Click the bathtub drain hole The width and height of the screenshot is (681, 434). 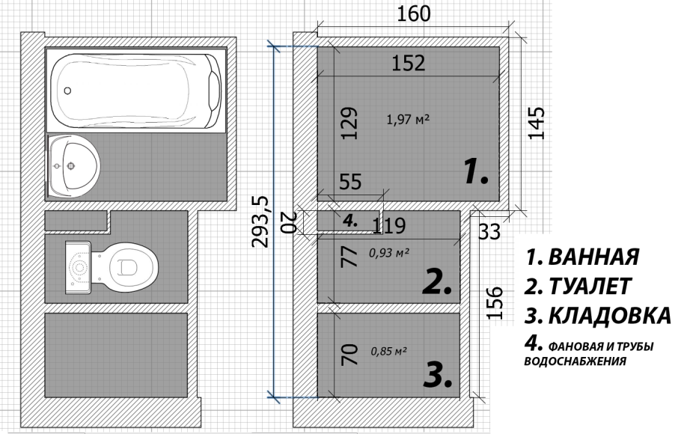(x=67, y=91)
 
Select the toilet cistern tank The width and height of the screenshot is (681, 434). (x=78, y=267)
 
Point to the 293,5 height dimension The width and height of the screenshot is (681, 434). (x=260, y=221)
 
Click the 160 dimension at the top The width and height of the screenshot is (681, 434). (x=413, y=14)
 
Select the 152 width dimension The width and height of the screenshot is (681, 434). (x=409, y=63)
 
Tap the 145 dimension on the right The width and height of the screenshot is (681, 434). (x=536, y=123)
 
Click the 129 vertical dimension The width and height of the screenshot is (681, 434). (x=349, y=123)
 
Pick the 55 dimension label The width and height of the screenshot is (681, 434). (x=350, y=182)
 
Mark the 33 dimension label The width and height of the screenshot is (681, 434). (x=489, y=231)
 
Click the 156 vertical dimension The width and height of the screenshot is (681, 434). (x=495, y=303)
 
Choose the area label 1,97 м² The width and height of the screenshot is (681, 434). (x=409, y=119)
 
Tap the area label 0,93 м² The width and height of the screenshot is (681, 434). (x=389, y=252)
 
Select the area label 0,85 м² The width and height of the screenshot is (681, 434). (x=389, y=351)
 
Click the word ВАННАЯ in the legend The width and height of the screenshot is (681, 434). (x=593, y=257)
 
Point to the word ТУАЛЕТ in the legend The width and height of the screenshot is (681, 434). (x=590, y=287)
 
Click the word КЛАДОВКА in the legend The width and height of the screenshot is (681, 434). (x=610, y=316)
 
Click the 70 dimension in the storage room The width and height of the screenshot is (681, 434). (x=349, y=355)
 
